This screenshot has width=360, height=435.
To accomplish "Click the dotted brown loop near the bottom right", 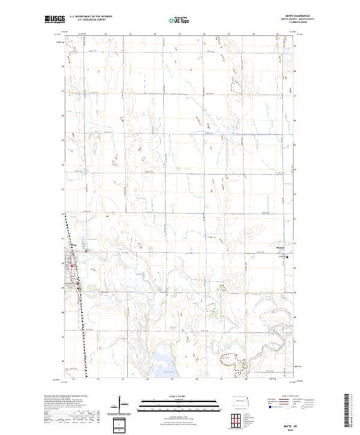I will tap(230, 358).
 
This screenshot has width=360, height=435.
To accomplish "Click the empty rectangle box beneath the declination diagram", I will tap(121, 423).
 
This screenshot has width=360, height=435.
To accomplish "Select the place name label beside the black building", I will tap(279, 251).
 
